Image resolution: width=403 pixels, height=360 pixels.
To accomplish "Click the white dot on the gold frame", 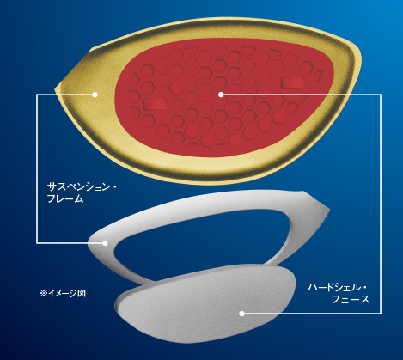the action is pyautogui.click(x=95, y=95).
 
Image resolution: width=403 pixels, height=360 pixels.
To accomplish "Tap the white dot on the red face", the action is pyautogui.click(x=221, y=95).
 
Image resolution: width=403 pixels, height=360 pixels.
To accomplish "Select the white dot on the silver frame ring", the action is pyautogui.click(x=105, y=243).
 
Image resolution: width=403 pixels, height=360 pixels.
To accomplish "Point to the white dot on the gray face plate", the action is pyautogui.click(x=241, y=314).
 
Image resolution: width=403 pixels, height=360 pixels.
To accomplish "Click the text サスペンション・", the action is pyautogui.click(x=82, y=187).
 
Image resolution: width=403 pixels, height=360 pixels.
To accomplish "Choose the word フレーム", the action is pyautogui.click(x=65, y=198).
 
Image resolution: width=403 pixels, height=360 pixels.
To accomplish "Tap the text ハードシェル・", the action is pyautogui.click(x=338, y=287).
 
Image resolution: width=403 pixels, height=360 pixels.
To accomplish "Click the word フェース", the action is pyautogui.click(x=351, y=299).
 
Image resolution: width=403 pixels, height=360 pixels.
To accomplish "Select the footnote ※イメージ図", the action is pyautogui.click(x=63, y=293).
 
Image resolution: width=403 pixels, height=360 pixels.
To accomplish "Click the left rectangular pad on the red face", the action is pyautogui.click(x=155, y=103).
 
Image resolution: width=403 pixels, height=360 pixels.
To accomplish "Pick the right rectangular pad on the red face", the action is pyautogui.click(x=292, y=82).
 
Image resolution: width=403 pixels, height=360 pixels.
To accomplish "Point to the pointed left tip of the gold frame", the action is pyautogui.click(x=56, y=86).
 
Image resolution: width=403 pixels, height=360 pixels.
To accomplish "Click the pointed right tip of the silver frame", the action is pyautogui.click(x=329, y=210).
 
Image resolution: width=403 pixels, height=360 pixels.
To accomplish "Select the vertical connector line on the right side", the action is pyautogui.click(x=381, y=204).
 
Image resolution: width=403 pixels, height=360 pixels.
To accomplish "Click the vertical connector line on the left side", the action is pyautogui.click(x=37, y=168).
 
